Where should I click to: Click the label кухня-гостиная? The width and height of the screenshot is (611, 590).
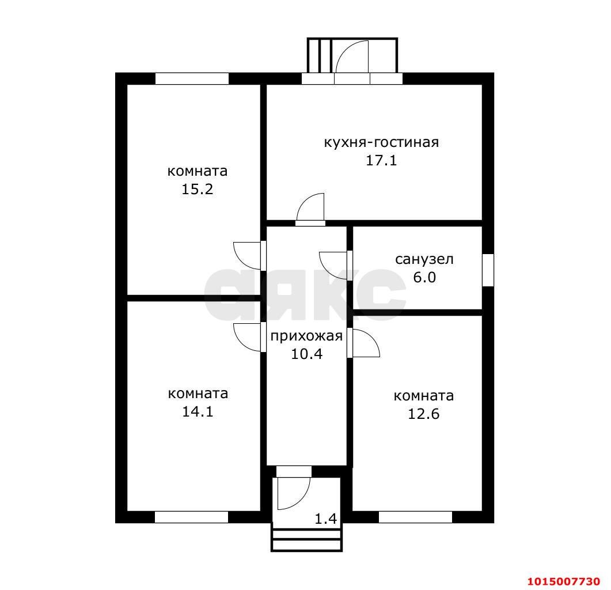point(381,143)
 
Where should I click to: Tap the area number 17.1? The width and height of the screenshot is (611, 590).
point(381,160)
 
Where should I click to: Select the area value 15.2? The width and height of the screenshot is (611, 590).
point(197,189)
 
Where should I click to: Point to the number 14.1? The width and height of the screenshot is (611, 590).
point(198,411)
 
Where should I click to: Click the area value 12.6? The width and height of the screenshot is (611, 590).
point(423,414)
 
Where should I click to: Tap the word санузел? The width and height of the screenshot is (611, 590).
point(424,259)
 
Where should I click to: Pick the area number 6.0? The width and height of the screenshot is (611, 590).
point(424,277)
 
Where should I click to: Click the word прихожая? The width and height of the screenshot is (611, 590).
point(306,336)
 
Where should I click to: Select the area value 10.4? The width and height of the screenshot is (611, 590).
point(307,354)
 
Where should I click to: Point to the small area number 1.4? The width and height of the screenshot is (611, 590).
point(325,519)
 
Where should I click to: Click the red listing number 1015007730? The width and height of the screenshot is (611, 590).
point(563,581)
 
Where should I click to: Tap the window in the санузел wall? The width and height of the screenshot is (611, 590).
point(488,270)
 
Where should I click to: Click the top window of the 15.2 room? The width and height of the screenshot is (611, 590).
point(192,78)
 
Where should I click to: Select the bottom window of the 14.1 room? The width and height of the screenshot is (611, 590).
point(191,517)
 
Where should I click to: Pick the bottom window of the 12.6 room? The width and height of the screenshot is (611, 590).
point(415,517)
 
